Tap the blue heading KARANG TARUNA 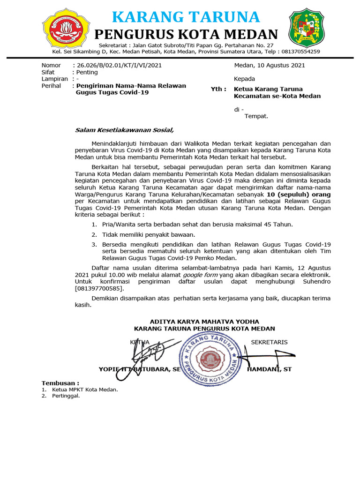[186, 17]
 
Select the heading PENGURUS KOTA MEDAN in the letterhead [186, 35]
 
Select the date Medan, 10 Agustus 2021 [270, 65]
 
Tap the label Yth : [218, 89]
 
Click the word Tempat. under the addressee [256, 116]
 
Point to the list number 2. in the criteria [94, 234]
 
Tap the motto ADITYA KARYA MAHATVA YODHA [204, 321]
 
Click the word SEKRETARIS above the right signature [269, 342]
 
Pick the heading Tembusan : [60, 383]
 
